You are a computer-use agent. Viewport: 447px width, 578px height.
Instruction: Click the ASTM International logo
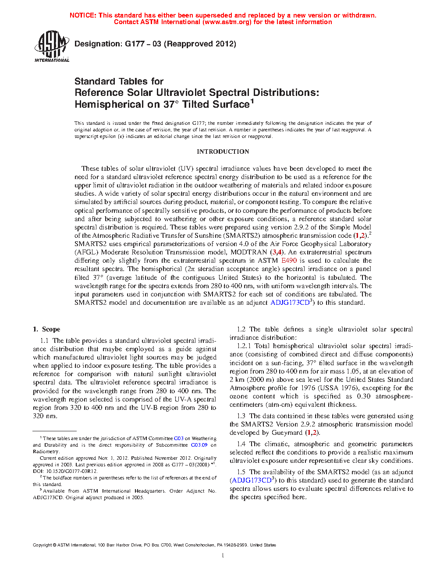[x=52, y=46]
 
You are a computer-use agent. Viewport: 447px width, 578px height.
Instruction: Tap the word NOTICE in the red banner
[x=83, y=15]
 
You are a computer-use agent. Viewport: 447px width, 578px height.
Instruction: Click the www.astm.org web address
[x=227, y=22]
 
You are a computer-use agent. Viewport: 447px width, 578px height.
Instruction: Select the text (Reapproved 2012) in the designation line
[x=200, y=44]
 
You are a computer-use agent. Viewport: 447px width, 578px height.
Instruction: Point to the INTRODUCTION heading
[x=223, y=152]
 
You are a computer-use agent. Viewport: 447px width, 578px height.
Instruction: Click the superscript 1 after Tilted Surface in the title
[x=252, y=102]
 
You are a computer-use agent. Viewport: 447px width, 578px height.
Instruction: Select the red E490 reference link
[x=289, y=261]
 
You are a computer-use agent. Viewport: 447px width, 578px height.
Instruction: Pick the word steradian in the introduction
[x=212, y=269]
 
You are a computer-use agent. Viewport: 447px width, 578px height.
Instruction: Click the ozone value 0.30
[x=363, y=396]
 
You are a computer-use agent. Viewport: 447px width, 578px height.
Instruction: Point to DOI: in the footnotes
[x=38, y=471]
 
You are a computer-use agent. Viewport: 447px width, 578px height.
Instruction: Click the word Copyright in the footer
[x=42, y=545]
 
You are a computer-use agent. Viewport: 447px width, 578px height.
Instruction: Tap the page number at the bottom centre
[x=223, y=556]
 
